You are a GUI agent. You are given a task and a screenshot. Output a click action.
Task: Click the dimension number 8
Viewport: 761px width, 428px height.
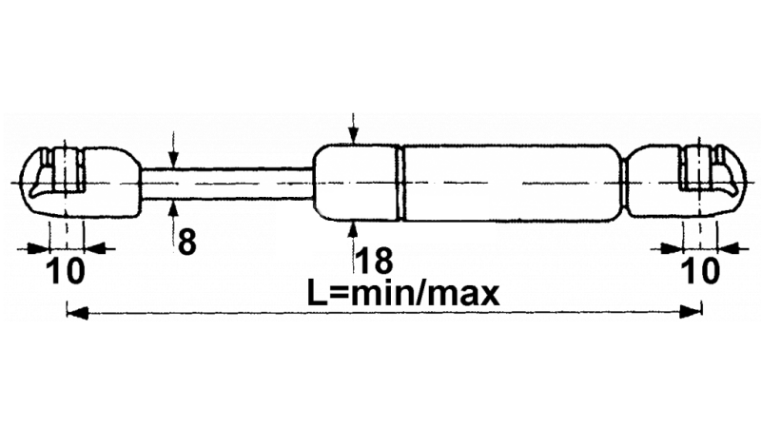(186, 243)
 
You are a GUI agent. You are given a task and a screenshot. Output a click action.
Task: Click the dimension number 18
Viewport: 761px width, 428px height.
(374, 260)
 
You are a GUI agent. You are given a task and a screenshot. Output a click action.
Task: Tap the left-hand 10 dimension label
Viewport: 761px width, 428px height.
(66, 271)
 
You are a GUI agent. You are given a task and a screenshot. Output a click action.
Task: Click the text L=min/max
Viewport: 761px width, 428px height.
(403, 294)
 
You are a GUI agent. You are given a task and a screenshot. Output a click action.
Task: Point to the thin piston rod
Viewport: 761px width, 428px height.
(226, 184)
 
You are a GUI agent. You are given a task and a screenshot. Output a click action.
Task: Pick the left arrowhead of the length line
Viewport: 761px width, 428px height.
(77, 312)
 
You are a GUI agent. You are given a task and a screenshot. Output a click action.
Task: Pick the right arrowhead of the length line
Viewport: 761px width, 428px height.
(692, 311)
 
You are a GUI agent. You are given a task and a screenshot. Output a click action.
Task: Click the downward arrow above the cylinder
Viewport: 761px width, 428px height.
(354, 128)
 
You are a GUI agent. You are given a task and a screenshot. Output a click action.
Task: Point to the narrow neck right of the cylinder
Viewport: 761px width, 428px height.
(625, 183)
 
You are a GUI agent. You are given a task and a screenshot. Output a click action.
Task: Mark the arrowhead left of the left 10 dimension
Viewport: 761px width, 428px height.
(39, 249)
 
